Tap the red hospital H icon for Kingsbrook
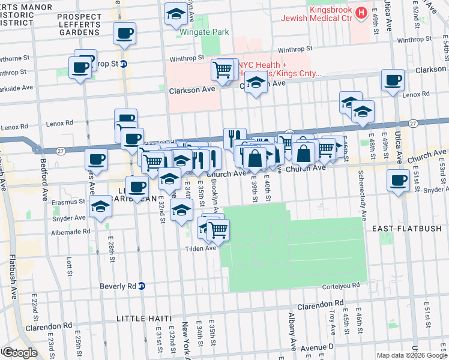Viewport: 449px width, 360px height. click(x=361, y=12)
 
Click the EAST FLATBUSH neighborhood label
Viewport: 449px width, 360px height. click(x=406, y=229)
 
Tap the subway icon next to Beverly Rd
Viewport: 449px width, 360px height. click(x=142, y=286)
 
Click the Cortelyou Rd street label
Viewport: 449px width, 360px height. click(x=339, y=286)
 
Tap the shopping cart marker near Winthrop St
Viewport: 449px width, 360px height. click(x=223, y=70)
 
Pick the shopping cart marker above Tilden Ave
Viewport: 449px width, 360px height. click(x=219, y=229)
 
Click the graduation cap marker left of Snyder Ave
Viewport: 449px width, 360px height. click(x=100, y=207)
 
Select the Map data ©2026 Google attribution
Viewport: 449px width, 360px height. click(x=411, y=355)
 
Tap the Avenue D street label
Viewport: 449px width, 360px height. click(x=318, y=347)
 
